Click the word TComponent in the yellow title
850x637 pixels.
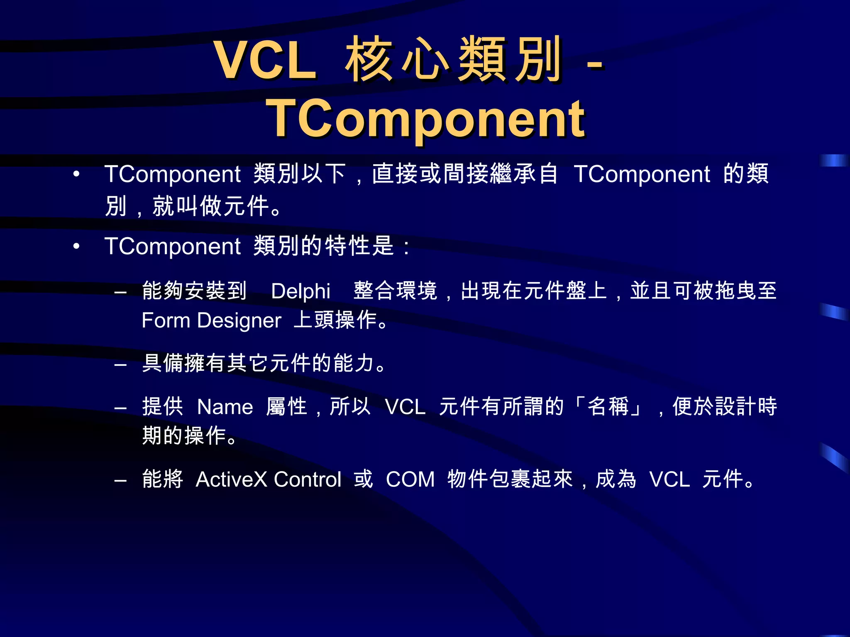point(425,119)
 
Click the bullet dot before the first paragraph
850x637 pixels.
point(76,174)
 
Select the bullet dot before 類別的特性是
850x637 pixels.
point(76,246)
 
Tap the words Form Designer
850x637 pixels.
point(211,321)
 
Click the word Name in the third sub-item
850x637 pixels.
point(225,407)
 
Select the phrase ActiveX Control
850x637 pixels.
point(268,479)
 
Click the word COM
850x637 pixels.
point(410,479)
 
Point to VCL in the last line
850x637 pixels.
point(669,479)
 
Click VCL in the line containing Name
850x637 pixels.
point(405,407)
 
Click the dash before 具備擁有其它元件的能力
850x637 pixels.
point(120,365)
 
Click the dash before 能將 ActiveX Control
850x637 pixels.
point(120,481)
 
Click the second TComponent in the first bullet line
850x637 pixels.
point(642,174)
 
